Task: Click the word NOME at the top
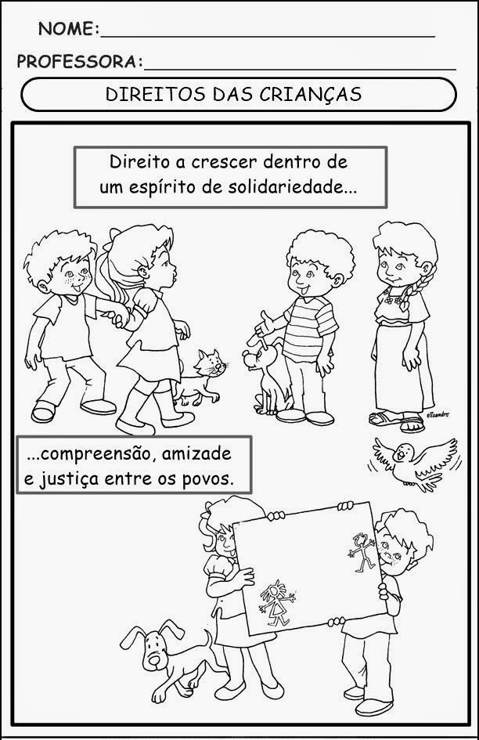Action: (x=67, y=29)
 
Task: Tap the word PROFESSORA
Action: (x=77, y=62)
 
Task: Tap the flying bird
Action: (x=414, y=464)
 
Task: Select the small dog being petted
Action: (x=265, y=377)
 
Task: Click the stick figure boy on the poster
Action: (x=362, y=550)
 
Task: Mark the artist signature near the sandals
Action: (x=438, y=415)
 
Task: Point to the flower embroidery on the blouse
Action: (x=394, y=298)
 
